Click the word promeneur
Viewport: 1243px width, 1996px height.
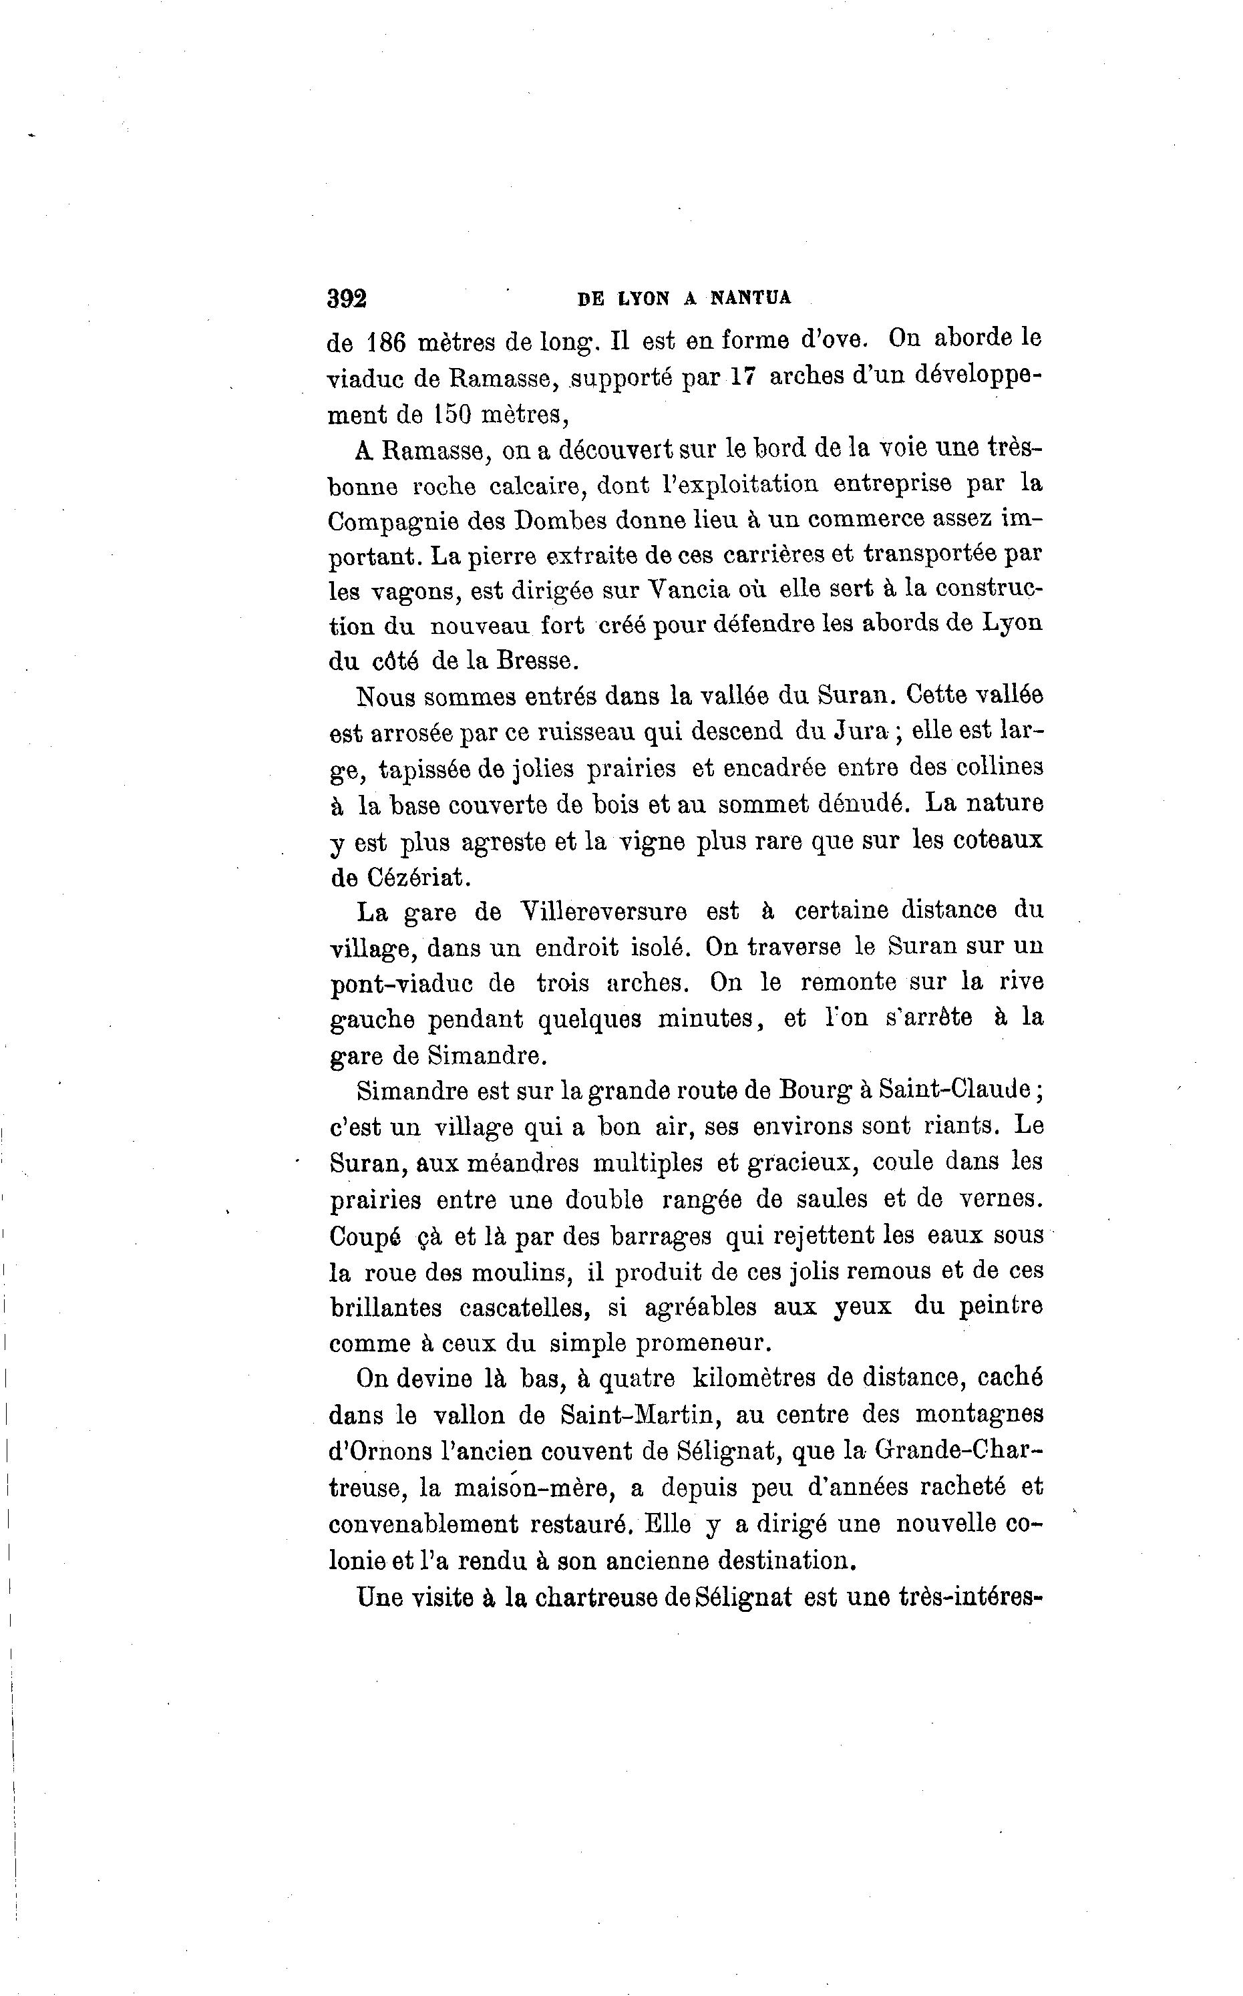(x=705, y=1343)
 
